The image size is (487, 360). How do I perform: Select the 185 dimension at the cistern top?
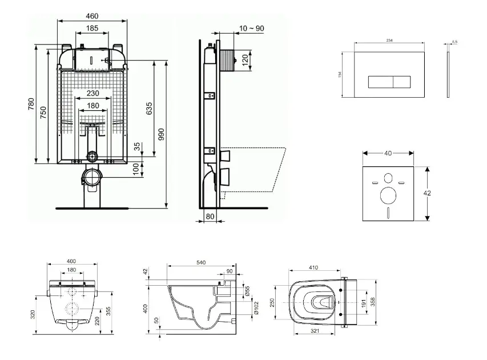[92, 28]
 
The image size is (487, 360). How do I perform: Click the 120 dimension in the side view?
[245, 60]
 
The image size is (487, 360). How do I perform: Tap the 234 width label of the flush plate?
[390, 39]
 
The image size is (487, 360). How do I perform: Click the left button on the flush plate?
[379, 82]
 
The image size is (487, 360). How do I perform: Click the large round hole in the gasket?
[388, 196]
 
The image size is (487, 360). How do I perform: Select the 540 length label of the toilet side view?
[200, 262]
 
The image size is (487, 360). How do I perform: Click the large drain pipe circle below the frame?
[92, 177]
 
